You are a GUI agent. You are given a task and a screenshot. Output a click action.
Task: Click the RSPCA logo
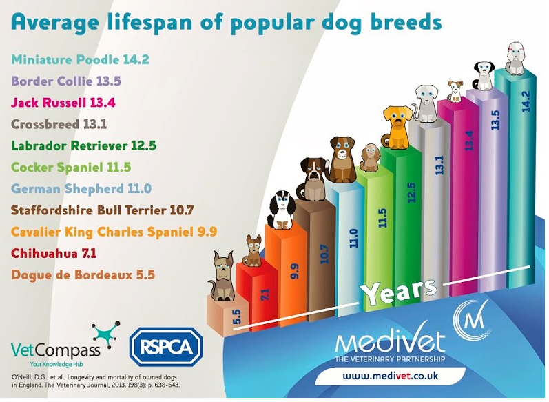click(166, 347)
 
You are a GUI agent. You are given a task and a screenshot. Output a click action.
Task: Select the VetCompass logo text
click(55, 350)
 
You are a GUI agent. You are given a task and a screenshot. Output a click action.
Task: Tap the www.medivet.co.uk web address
click(391, 376)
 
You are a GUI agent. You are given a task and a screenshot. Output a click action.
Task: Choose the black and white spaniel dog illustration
click(281, 210)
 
